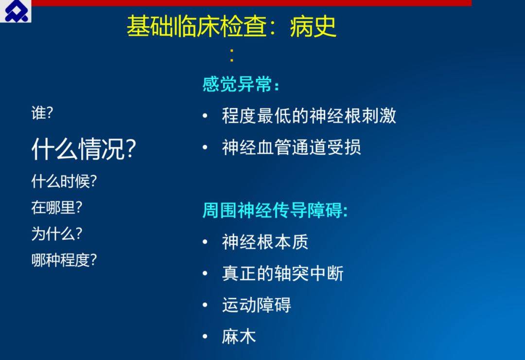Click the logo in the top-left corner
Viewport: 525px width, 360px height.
16,11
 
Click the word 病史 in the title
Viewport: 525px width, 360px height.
313,27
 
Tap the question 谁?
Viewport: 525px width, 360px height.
42,113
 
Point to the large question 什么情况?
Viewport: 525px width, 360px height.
84,149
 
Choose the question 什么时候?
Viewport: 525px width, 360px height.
64,181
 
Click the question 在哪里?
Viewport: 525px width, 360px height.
56,207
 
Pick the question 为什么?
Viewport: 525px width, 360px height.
56,234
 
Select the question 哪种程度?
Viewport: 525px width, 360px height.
64,260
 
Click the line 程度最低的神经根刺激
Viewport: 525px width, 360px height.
309,116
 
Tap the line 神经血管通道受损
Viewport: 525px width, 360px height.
291,147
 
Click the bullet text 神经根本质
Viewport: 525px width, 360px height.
265,242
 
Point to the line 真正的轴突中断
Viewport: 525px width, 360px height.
282,273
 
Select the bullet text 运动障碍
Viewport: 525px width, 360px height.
257,305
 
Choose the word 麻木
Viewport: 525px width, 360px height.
239,336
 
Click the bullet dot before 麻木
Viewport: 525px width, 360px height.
205,336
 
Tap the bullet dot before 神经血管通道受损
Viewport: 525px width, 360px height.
205,147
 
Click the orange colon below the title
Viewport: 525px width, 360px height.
232,55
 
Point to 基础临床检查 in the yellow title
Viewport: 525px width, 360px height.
196,27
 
